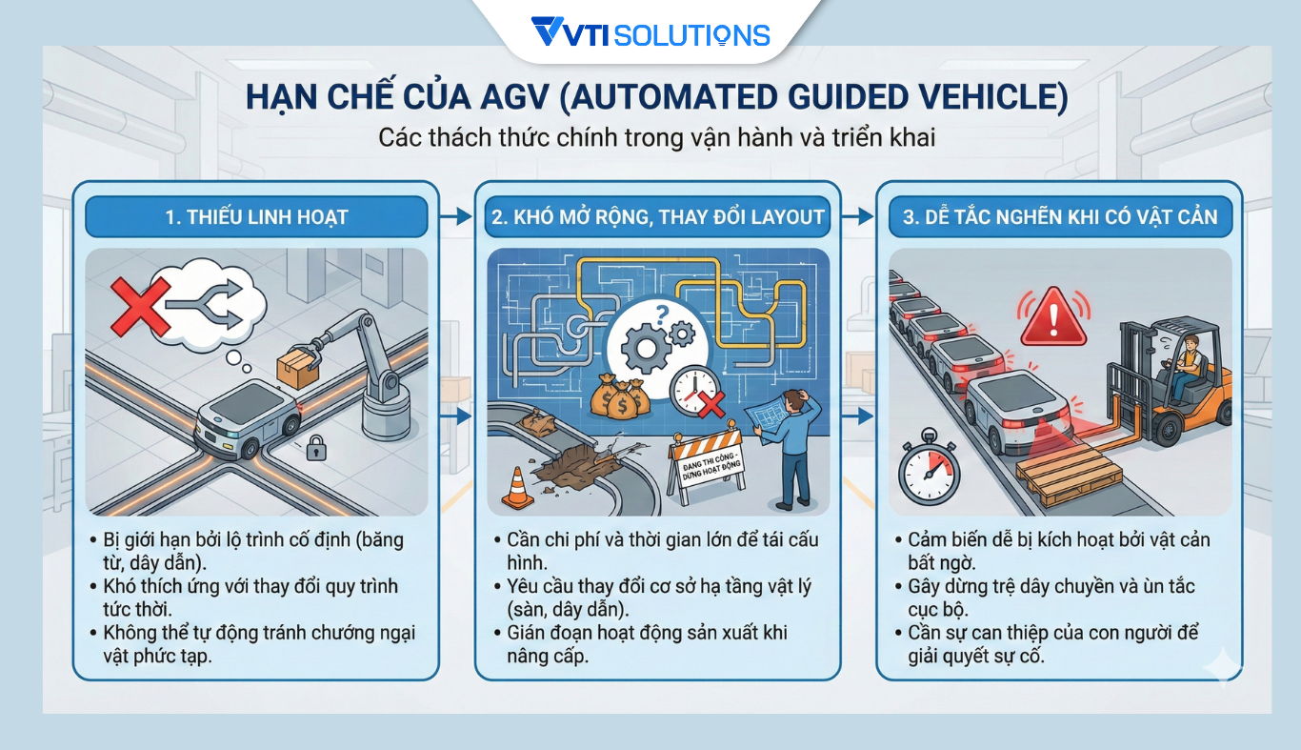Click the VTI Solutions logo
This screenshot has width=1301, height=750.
point(650,35)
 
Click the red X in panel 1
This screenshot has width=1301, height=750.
point(140,306)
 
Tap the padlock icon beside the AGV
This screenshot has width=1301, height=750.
point(315,447)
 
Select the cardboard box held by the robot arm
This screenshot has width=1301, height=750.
point(297,366)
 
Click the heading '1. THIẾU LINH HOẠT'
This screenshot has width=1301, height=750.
point(256,217)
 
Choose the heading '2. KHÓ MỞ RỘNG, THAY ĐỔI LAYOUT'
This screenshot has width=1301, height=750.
point(657,217)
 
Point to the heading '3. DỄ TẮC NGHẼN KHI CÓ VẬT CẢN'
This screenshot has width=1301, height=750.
point(1059,217)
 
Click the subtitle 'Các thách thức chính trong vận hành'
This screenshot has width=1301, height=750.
point(656,137)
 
